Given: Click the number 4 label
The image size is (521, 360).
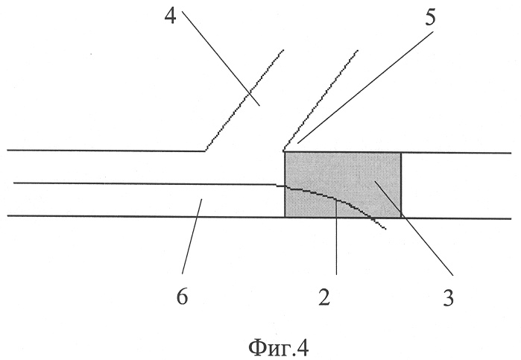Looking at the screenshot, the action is pos(171,16).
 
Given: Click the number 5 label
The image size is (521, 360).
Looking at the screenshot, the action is pos(430,18).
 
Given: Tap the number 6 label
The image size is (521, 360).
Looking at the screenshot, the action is pos(182,297).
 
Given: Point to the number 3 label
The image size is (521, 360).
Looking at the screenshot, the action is pos(449,298).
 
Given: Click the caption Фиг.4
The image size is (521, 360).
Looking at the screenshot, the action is pos(279,347).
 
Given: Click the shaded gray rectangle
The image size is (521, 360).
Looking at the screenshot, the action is pos(343,185).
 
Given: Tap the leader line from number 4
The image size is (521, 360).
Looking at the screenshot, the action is pos(221,58).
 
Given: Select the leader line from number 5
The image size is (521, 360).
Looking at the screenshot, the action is pos(365,87).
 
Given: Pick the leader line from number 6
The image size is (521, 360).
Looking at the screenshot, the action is pos(192,236).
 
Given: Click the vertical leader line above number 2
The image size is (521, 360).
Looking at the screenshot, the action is pos(336,237).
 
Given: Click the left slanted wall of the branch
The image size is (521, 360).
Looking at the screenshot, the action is pos(244,101).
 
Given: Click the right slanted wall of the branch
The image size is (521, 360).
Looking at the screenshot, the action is pos(321,101).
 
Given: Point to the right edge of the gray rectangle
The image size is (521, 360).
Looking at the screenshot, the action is pos(401,185).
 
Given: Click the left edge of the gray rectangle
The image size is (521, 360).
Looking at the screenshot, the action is pos(285,185).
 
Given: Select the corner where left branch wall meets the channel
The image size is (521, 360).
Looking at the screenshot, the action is pos(205,151).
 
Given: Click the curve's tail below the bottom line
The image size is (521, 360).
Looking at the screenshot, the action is pos(379,224).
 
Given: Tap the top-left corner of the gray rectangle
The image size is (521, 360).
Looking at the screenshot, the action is pos(285,152).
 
